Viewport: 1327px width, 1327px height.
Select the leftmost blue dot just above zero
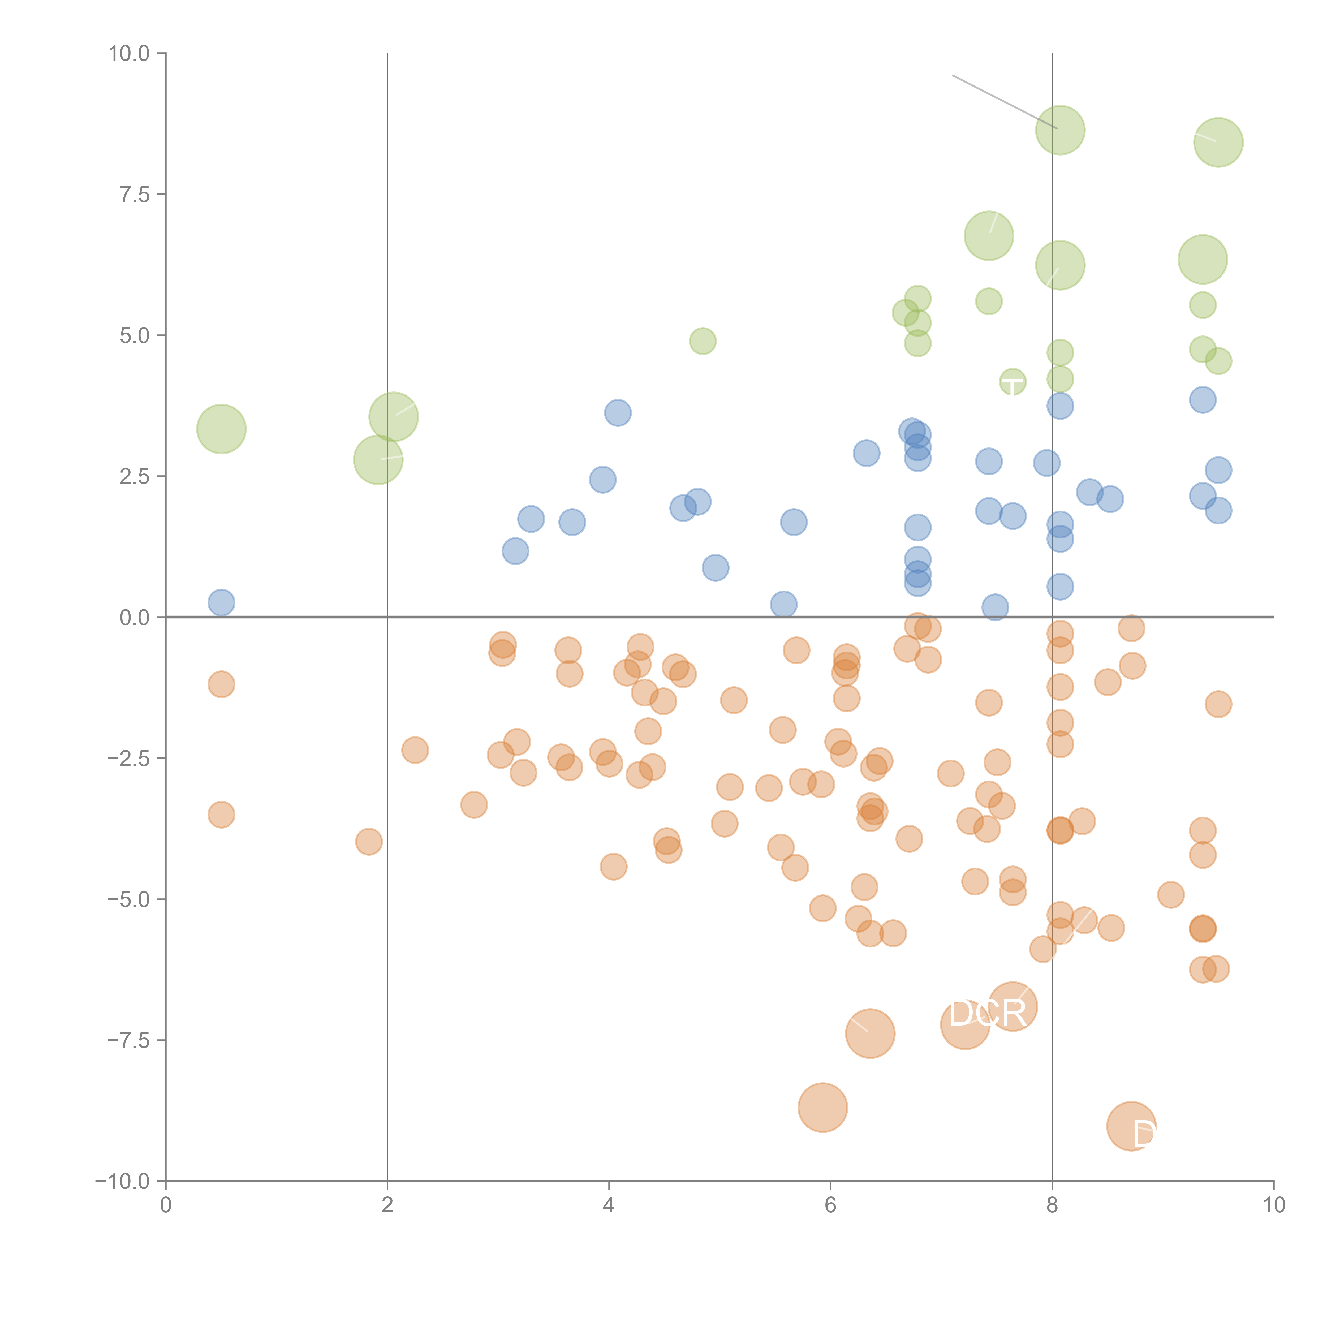[221, 602]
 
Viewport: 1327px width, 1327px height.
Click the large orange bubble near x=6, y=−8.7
[823, 1107]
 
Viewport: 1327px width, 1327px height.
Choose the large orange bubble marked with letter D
[1131, 1126]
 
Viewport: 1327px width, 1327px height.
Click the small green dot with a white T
[1013, 382]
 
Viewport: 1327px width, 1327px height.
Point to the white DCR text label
[987, 1014]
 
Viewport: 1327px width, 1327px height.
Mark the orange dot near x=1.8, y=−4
[369, 841]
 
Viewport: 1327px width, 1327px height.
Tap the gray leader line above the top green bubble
[1003, 101]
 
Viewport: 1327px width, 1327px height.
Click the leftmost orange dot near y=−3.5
[221, 815]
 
